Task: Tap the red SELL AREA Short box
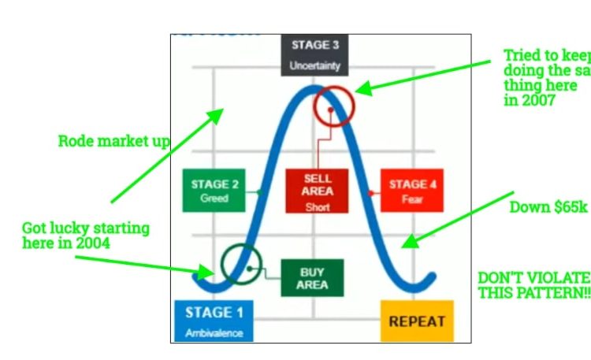point(318,191)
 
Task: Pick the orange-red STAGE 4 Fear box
point(411,191)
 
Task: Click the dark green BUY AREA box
point(312,279)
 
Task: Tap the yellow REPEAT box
point(417,321)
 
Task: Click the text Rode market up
point(114,142)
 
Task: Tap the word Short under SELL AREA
point(318,208)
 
